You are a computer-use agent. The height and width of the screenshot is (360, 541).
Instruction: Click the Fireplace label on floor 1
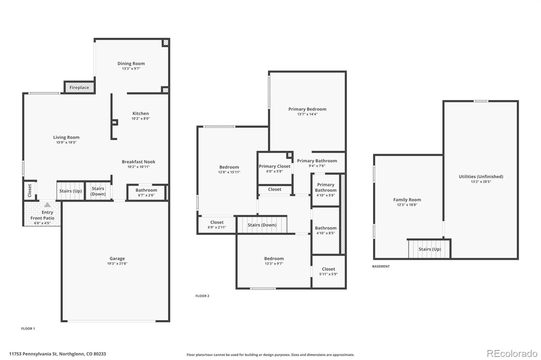79,88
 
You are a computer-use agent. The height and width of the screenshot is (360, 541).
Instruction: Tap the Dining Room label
131,64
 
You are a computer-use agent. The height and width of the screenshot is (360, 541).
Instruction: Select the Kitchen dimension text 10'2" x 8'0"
141,119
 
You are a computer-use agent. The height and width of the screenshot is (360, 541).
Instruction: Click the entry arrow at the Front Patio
47,205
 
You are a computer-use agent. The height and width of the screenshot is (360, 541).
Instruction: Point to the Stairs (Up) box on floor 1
70,191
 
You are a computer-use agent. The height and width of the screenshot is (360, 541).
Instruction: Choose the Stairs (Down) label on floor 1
98,191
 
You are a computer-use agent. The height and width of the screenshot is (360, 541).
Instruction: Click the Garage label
117,259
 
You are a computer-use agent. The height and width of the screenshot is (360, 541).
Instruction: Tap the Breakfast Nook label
139,162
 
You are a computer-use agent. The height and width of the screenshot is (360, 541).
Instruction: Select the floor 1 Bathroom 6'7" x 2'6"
146,192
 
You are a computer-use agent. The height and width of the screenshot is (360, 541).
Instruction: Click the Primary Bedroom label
307,109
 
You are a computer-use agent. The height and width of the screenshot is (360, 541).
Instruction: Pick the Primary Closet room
274,168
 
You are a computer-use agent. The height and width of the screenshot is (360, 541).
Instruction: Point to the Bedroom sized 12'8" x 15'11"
229,169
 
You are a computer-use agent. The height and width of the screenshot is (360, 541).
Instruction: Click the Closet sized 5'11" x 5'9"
328,271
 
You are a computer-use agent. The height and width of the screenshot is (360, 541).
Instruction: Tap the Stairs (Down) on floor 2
262,225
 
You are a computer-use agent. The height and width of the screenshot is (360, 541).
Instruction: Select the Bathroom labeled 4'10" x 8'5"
326,230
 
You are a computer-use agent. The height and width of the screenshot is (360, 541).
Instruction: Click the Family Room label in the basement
407,200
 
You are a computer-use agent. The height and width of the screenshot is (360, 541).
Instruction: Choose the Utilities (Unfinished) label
481,176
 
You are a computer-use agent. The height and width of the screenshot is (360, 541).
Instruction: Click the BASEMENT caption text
381,266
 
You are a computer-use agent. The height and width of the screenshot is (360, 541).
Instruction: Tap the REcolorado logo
512,354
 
